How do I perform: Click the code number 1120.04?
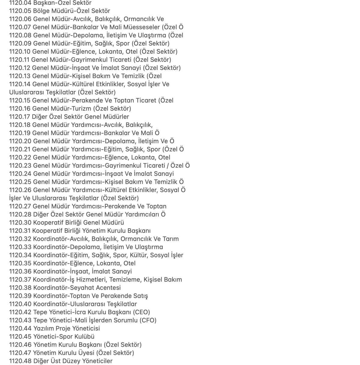pyautogui.click(x=20, y=3)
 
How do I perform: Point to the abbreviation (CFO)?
pyautogui.click(x=148, y=320)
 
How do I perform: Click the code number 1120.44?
pyautogui.click(x=20, y=328)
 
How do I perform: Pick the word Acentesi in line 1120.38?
pyautogui.click(x=108, y=288)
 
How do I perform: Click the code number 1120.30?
pyautogui.click(x=20, y=223)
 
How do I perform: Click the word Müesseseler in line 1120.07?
pyautogui.click(x=141, y=27)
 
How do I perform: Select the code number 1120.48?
pyautogui.click(x=20, y=361)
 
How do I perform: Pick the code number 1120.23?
pyautogui.click(x=20, y=166)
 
